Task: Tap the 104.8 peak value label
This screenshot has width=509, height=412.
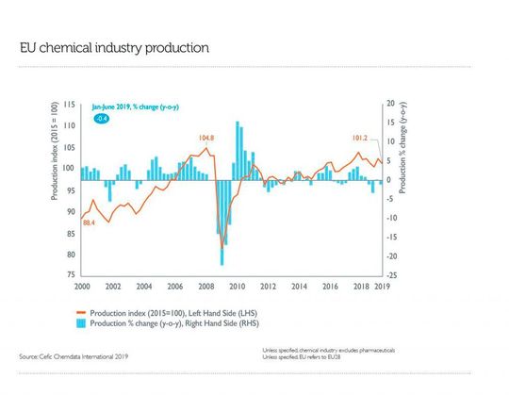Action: click(x=206, y=139)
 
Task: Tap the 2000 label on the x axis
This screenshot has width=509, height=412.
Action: click(x=82, y=285)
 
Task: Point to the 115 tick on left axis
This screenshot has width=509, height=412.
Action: click(x=70, y=104)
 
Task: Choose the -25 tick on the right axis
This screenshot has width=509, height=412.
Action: click(x=392, y=274)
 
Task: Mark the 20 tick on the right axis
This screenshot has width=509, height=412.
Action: click(x=391, y=104)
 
